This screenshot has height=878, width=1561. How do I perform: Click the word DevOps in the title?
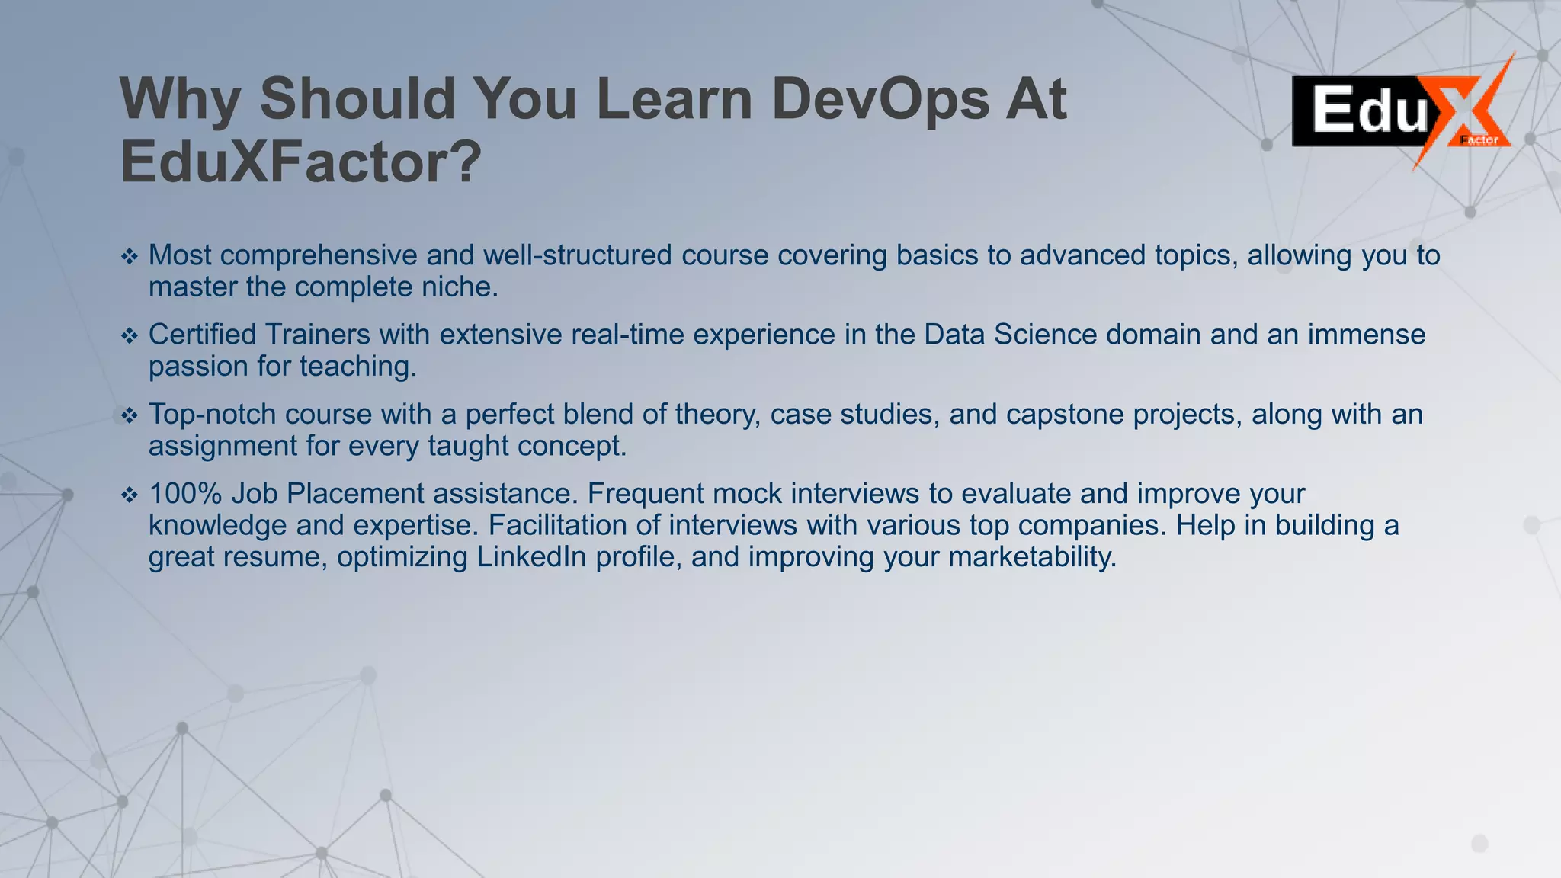pos(880,99)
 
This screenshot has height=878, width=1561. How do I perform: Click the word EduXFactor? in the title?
pos(301,162)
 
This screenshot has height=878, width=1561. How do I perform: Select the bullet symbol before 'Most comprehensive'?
pos(130,257)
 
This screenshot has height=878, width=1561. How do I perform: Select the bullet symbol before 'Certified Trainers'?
pos(130,336)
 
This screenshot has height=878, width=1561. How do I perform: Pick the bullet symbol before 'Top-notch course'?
pos(130,415)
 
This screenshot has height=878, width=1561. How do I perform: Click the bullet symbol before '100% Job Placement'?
pos(130,495)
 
